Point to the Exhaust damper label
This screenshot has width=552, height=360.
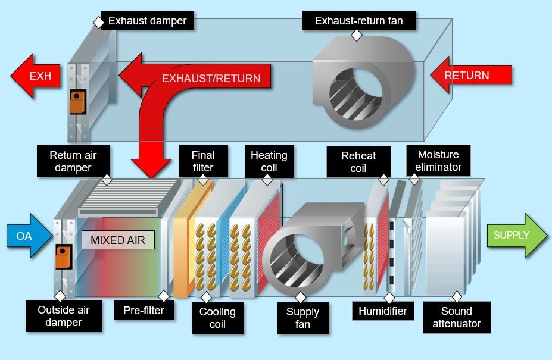click(147, 21)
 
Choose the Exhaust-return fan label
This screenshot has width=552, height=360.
click(358, 21)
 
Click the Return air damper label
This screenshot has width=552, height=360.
click(73, 161)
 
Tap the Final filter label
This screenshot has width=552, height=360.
click(203, 161)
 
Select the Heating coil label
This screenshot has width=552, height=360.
click(269, 161)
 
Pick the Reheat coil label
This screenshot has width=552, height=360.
click(358, 162)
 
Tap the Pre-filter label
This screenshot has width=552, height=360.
click(144, 311)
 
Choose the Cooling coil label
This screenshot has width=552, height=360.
click(217, 318)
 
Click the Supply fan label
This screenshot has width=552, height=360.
click(302, 318)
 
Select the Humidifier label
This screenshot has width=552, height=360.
click(382, 311)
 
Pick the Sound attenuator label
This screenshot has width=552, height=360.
click(457, 317)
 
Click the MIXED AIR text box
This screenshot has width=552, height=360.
click(118, 240)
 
